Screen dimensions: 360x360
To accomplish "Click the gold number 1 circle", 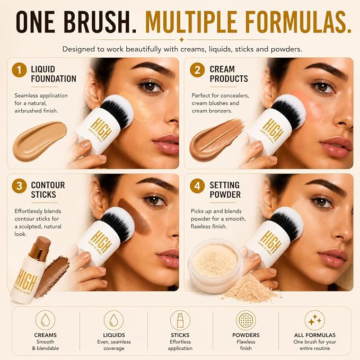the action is coord(19,70).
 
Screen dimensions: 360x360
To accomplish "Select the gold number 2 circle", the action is coord(197,70).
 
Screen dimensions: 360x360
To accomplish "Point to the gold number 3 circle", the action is coord(19,186).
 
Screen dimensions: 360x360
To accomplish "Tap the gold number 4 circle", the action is coord(197,186).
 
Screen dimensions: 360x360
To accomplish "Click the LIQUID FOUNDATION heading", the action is coord(54,74).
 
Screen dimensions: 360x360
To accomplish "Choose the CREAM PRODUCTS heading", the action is coord(229,74).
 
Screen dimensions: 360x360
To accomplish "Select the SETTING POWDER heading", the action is coord(225,190).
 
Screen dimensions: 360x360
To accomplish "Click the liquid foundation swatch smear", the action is coord(39,141).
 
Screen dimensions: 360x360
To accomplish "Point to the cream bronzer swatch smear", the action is coord(216,140).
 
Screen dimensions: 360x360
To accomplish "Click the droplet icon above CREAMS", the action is coord(45,320).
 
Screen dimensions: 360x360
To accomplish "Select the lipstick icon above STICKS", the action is coord(180,320).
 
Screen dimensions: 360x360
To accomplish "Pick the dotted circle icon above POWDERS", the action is coord(245,320).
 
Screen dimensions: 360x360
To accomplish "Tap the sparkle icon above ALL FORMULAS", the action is coord(314,320).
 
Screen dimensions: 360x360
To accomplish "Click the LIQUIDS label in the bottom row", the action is coord(114,335).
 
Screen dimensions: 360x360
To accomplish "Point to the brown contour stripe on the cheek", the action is coord(134,216).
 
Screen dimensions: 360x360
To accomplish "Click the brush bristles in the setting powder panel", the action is coord(287,222).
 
